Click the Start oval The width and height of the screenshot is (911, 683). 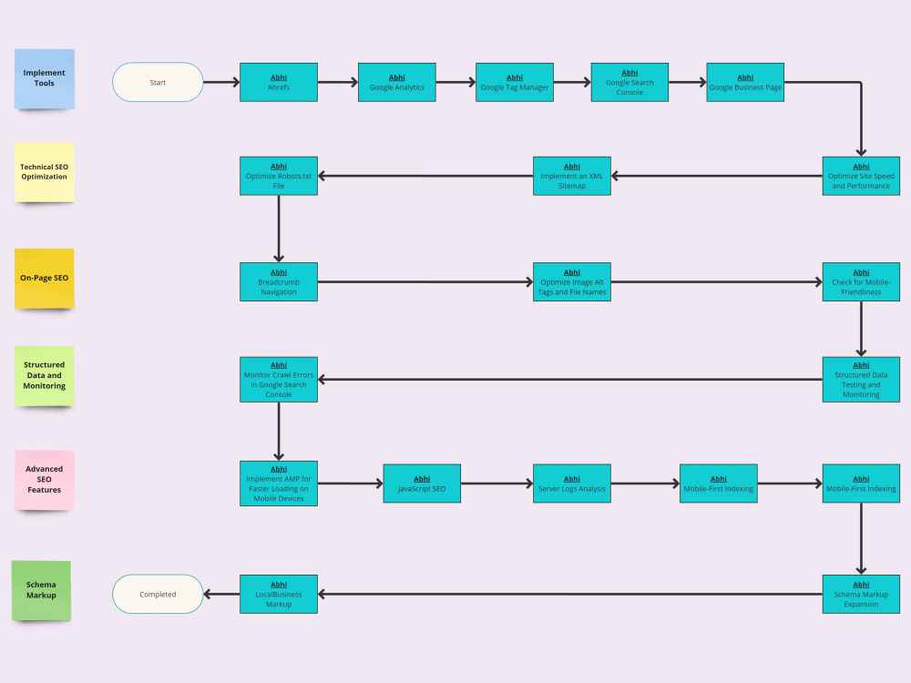tap(158, 82)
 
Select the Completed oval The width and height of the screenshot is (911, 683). tap(158, 594)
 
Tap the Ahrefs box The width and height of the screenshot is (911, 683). tap(279, 82)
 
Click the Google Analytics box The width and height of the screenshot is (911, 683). tap(396, 82)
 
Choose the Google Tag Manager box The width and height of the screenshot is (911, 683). tap(515, 82)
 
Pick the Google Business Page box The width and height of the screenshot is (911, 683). tap(745, 82)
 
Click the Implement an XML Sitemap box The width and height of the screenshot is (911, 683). tap(571, 176)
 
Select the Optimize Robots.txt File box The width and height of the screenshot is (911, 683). tap(279, 176)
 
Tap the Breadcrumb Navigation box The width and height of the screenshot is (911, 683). tap(279, 281)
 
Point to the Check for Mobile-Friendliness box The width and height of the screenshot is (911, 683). tap(861, 281)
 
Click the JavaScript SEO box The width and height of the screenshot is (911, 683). tap(422, 484)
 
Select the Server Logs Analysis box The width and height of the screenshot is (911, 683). tap(571, 484)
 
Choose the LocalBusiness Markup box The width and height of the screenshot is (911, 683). tap(279, 594)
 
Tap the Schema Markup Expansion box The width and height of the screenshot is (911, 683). tap(861, 594)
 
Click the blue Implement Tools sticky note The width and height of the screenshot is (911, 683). tap(45, 78)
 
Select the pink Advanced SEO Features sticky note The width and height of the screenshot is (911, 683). tap(45, 479)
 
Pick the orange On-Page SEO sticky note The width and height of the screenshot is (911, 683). tap(45, 278)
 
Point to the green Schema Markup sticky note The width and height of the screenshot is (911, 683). tap(41, 590)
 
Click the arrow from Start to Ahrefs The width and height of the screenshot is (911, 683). tap(221, 82)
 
